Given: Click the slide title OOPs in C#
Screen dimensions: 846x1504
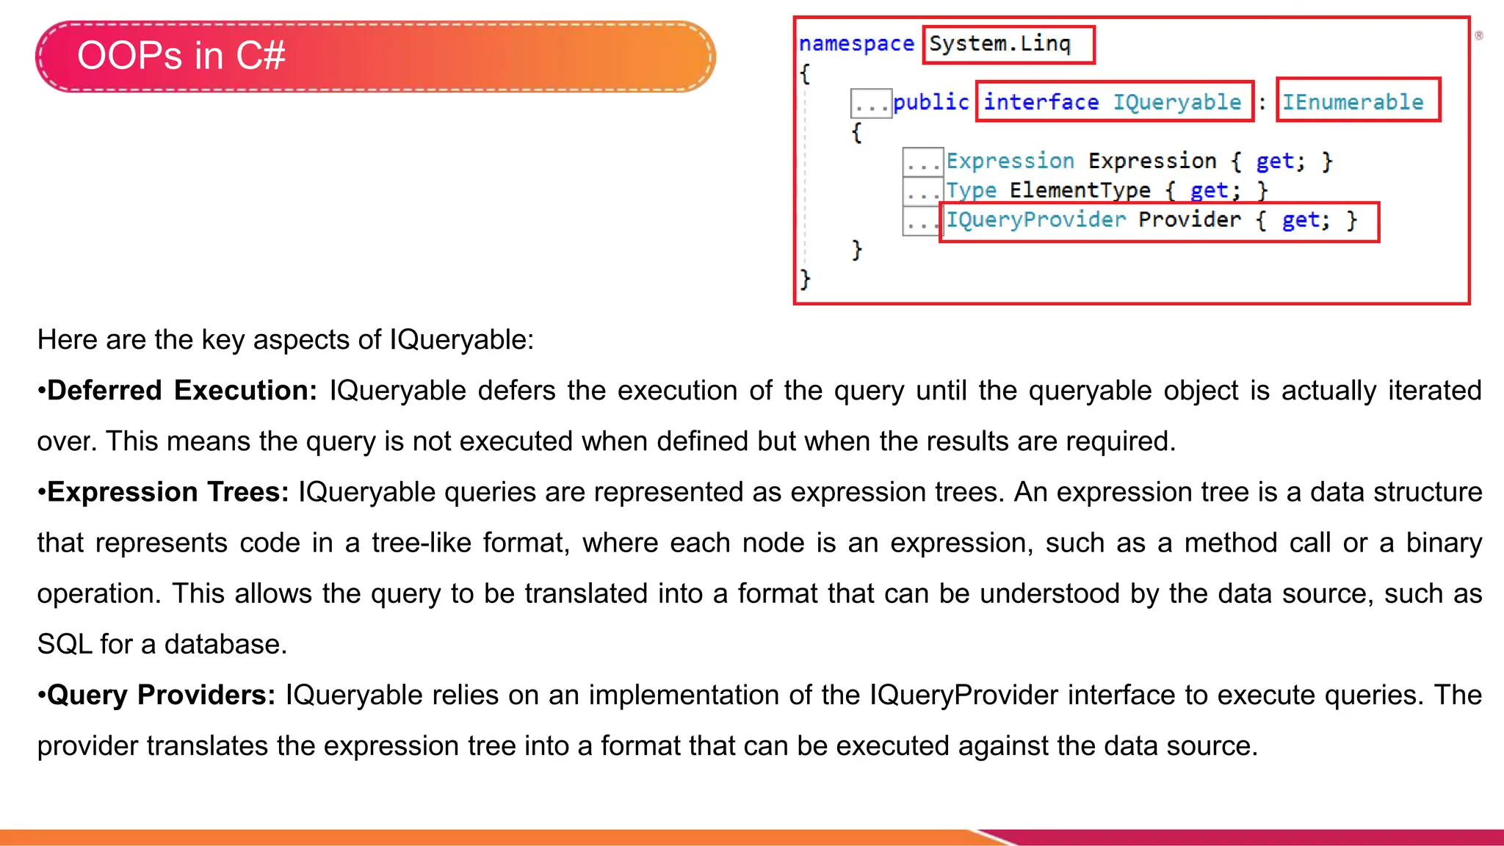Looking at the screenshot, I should coord(181,56).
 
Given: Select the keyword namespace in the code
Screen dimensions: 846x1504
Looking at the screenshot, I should coord(856,44).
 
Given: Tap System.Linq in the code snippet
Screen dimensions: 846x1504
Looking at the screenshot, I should coord(999,44).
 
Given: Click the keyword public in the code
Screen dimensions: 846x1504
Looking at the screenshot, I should coord(931,102).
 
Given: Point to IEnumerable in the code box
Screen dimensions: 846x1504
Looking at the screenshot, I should coord(1353,102).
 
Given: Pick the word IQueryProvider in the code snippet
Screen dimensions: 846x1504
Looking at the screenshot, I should coord(1035,220).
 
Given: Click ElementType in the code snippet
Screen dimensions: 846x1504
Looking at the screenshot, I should coord(1080,190).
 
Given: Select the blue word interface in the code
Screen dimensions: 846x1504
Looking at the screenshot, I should coord(1041,102).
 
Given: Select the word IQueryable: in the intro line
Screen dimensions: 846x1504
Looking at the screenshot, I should coord(461,340).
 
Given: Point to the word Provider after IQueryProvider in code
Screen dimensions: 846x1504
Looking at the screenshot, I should coord(1189,220).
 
